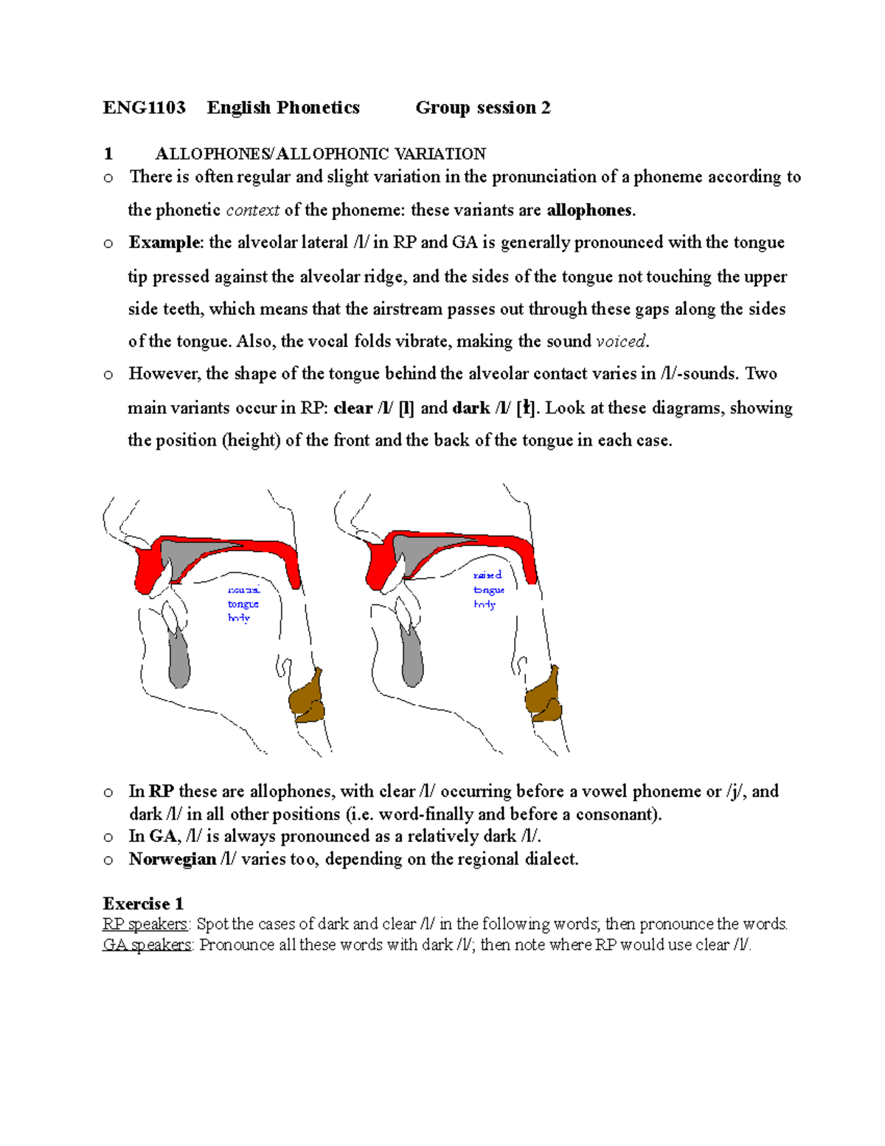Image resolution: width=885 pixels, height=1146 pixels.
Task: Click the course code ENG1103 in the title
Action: (x=144, y=108)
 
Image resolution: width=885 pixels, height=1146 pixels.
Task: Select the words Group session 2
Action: (x=482, y=108)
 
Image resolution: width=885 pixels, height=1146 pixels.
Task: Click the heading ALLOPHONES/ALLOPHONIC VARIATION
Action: (x=320, y=153)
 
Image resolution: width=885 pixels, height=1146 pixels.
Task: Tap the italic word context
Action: (x=252, y=210)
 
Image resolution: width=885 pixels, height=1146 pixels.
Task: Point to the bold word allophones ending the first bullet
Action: (x=589, y=210)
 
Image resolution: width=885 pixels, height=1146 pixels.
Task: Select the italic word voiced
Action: (x=621, y=342)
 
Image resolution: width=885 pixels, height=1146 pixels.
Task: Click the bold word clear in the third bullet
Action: (x=353, y=408)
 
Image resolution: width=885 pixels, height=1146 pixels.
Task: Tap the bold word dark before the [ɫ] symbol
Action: (x=471, y=408)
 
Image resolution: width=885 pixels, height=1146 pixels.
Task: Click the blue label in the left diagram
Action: (x=243, y=604)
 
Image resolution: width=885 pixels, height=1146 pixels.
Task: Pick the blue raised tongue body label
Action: (x=488, y=590)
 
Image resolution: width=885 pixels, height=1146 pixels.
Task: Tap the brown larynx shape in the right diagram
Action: (x=544, y=695)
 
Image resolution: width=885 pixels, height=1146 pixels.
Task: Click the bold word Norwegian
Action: (x=172, y=859)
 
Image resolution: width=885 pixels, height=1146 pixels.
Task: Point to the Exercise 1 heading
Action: (x=143, y=903)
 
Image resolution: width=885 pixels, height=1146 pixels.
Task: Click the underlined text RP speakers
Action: (x=145, y=924)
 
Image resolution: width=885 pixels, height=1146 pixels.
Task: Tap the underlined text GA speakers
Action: (x=147, y=945)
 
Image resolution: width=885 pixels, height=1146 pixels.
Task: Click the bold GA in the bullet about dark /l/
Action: (x=162, y=836)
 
